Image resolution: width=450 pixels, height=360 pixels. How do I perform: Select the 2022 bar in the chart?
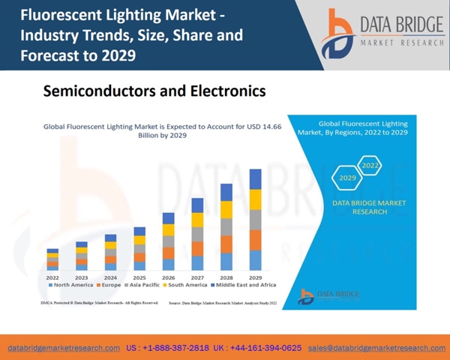click(52, 259)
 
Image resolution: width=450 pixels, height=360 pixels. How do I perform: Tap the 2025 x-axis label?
click(139, 277)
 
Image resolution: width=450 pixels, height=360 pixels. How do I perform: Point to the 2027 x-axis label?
click(197, 277)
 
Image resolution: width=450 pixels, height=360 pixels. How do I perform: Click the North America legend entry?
click(70, 286)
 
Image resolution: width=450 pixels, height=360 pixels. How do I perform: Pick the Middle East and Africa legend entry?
click(243, 286)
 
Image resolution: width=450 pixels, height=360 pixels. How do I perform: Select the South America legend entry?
click(188, 286)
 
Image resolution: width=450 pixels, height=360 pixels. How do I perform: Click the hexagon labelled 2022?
click(370, 165)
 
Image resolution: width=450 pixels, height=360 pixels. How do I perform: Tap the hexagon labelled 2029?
click(346, 178)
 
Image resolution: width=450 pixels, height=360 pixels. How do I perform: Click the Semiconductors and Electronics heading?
click(154, 91)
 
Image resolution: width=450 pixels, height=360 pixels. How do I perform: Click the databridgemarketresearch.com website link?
click(64, 348)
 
